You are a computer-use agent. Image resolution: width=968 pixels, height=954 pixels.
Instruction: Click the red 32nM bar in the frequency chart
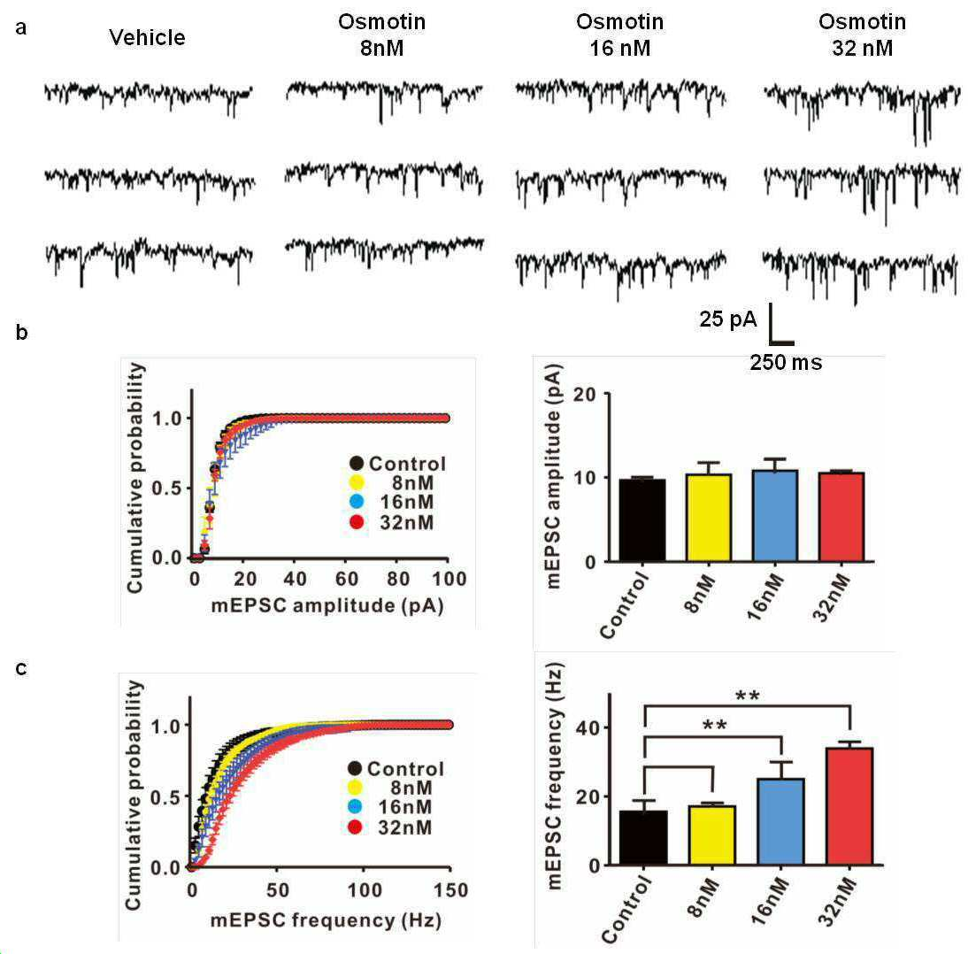849,806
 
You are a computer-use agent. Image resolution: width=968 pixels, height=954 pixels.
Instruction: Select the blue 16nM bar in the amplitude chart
775,516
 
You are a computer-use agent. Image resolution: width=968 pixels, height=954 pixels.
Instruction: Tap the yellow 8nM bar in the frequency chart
711,835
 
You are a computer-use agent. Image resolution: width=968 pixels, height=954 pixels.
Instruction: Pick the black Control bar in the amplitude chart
642,520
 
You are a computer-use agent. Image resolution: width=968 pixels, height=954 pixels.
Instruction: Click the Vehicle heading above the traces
147,38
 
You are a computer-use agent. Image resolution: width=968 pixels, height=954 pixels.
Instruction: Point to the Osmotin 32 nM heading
863,35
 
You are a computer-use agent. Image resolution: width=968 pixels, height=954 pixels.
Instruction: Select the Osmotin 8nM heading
382,35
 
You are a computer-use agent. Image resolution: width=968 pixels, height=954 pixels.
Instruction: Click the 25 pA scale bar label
728,319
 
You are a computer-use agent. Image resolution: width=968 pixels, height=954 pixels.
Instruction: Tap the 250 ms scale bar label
786,363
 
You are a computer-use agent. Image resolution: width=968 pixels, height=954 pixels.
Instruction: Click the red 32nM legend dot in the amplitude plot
357,522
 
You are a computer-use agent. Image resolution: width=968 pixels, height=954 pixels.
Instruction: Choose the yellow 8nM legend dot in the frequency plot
355,788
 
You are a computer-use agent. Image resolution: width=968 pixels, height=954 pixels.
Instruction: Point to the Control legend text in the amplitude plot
407,464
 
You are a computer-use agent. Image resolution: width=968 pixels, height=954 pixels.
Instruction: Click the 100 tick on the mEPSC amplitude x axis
449,579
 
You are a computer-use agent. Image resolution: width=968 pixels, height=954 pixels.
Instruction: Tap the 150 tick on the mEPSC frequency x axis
450,889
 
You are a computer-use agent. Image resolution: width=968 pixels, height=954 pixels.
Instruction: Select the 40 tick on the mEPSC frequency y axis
588,728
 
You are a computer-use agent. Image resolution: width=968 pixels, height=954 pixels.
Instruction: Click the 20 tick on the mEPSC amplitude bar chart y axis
585,394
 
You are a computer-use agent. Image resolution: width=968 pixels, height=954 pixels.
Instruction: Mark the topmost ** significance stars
748,697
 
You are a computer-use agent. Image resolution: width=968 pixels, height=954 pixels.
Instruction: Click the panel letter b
21,332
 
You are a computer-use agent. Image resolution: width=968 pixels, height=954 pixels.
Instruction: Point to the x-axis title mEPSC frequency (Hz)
326,920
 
